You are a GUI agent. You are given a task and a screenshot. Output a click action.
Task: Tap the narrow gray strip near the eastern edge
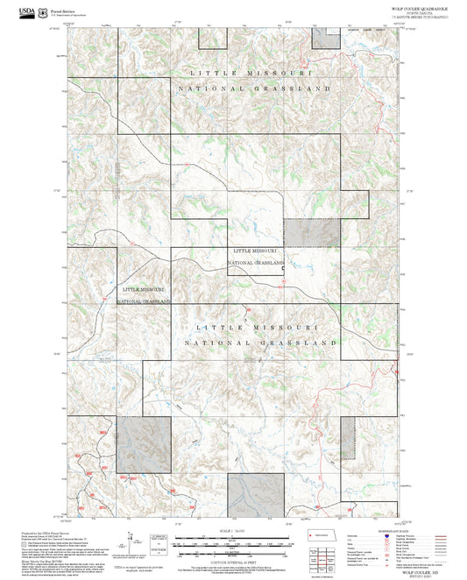[348, 436]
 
